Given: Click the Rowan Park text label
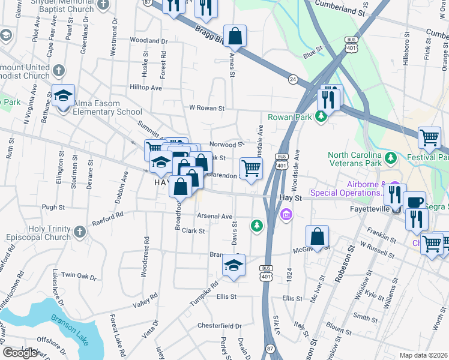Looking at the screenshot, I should (290, 117).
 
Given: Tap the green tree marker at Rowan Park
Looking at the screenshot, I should (322, 116).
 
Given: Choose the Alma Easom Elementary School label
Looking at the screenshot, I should (107, 112).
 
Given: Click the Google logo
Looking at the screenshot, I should (20, 353).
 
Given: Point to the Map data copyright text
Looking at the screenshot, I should (423, 355).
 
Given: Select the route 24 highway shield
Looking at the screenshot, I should (292, 79).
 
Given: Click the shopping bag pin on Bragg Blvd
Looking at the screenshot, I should (235, 36).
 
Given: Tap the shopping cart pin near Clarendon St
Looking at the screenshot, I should (251, 168).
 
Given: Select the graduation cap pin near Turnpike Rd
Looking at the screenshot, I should (234, 266).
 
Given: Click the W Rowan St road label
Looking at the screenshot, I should (206, 109).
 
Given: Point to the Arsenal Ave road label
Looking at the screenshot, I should (214, 216).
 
